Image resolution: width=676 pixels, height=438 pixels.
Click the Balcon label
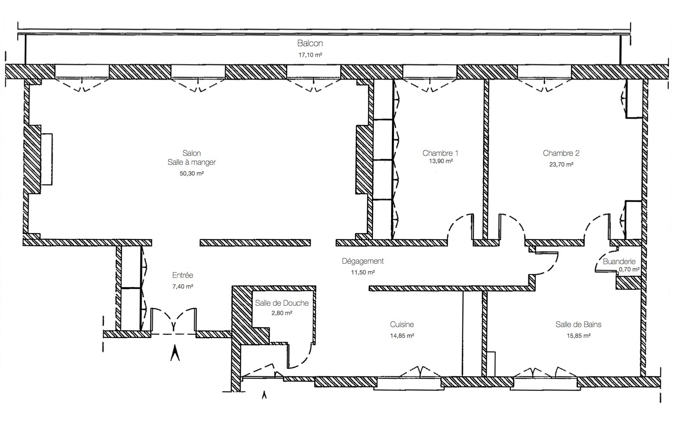310,43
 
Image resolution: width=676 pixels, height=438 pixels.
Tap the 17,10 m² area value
310,55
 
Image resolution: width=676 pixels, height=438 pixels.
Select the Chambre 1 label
440,153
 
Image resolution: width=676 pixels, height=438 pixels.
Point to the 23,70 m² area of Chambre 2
561,164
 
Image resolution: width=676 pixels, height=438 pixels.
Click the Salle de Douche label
282,303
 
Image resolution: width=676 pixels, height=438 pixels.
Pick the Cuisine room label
402,325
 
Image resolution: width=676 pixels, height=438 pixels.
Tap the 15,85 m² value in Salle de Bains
578,336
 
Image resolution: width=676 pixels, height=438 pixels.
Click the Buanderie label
619,261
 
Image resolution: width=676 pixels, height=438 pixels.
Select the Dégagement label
362,261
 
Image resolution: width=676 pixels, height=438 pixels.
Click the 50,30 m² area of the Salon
191,173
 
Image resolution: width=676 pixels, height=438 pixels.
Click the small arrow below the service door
264,395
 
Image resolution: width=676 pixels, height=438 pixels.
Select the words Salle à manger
192,162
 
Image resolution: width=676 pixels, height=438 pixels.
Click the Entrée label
183,275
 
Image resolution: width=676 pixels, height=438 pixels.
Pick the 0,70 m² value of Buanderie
629,270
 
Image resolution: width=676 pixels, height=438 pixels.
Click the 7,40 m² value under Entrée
182,286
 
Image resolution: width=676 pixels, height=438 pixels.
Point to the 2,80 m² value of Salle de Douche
282,313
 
